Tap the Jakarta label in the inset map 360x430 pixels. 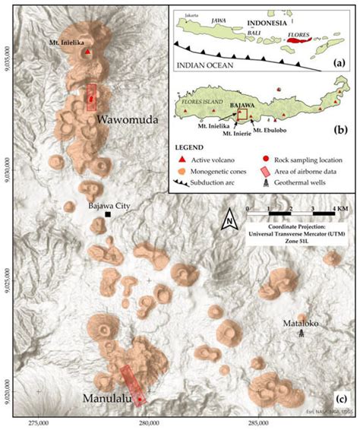pyautogui.click(x=188, y=14)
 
